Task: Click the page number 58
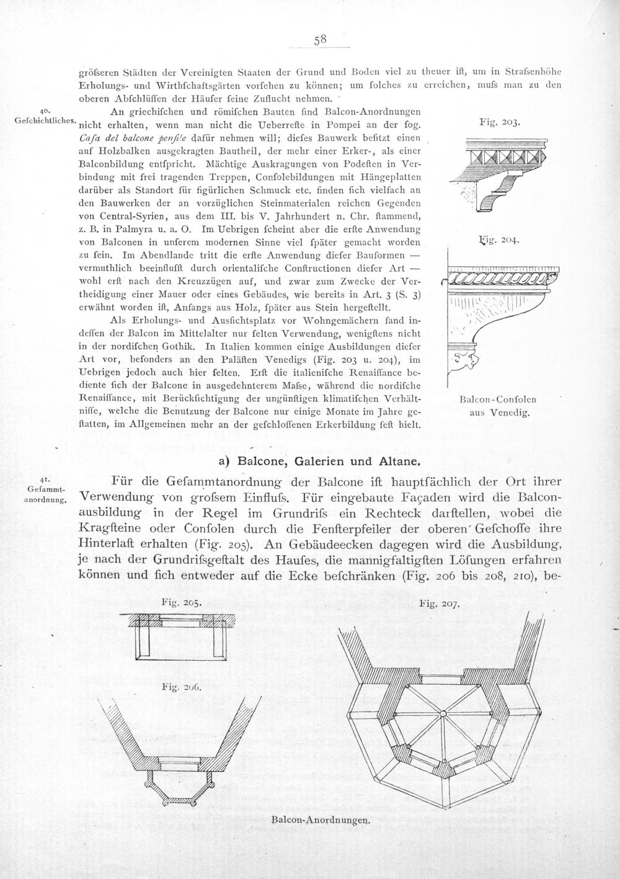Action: pyautogui.click(x=320, y=39)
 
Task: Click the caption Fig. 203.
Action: pyautogui.click(x=500, y=122)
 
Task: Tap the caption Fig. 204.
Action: pyautogui.click(x=499, y=239)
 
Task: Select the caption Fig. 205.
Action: pyautogui.click(x=182, y=602)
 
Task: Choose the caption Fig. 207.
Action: pyautogui.click(x=439, y=604)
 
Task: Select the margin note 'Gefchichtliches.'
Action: pyautogui.click(x=45, y=120)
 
